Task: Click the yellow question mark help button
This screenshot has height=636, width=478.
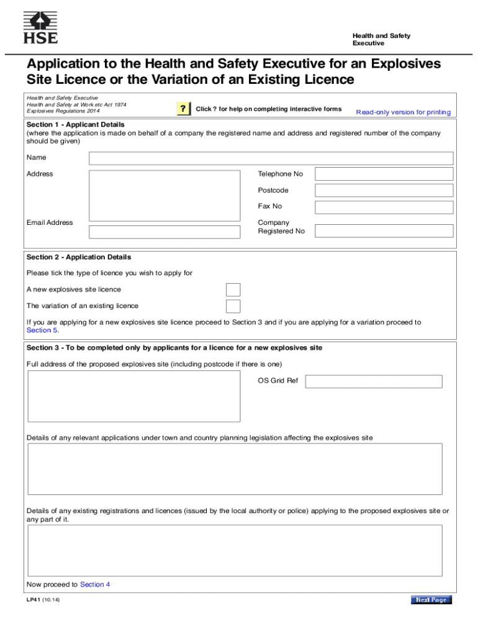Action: point(183,109)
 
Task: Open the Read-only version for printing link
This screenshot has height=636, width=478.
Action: point(403,112)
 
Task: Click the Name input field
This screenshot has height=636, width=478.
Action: point(271,158)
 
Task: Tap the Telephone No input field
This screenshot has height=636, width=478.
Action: point(384,174)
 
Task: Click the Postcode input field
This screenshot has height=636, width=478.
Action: point(384,190)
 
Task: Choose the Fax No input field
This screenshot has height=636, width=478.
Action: point(384,207)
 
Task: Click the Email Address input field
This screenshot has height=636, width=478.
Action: point(165,232)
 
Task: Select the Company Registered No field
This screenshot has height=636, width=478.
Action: point(384,230)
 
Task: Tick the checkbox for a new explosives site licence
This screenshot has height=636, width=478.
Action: point(233,289)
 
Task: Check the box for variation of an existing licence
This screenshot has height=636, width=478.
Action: point(233,306)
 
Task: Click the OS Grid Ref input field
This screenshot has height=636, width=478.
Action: point(374,381)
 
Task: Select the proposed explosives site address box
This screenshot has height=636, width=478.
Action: point(133,396)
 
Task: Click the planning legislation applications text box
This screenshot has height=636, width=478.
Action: point(234,468)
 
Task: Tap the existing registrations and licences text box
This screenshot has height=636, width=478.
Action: point(234,550)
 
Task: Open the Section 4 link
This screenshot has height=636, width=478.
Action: point(95,584)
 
